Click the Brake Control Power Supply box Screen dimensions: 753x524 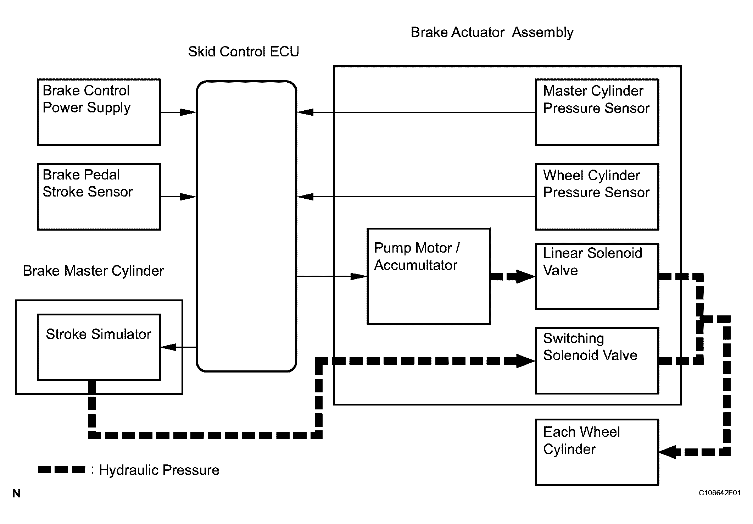pos(99,112)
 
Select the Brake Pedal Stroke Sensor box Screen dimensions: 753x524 pos(99,197)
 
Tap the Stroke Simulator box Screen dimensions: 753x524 pos(99,347)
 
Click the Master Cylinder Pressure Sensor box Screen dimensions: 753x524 pos(597,112)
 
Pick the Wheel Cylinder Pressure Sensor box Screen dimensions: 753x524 pos(597,197)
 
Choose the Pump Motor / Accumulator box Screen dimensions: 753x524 pos(429,276)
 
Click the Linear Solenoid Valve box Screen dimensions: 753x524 pos(597,276)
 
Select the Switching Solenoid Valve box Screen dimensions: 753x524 pos(597,361)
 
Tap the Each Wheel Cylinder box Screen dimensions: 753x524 pos(597,452)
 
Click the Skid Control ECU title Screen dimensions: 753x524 pos(244,52)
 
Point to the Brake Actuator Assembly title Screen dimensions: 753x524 pos(492,33)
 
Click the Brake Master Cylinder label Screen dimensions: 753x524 pos(93,271)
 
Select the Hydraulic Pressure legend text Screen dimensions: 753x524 pos(159,470)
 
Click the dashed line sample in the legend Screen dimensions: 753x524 pos(62,469)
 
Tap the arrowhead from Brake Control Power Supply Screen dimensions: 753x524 pos(188,112)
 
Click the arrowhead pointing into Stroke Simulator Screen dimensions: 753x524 pos(169,347)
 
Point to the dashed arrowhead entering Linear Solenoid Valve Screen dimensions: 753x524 pos(525,276)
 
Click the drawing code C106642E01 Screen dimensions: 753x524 pos(720,493)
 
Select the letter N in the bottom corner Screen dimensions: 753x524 pos(16,493)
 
